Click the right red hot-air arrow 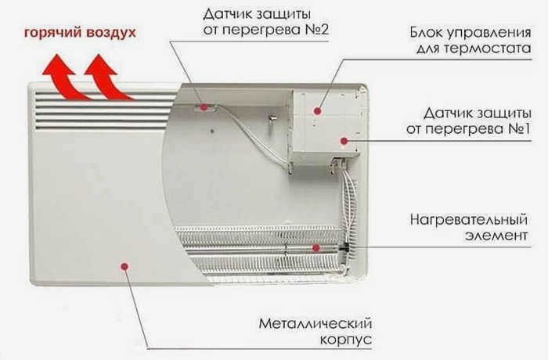[105, 78]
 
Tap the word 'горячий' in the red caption [52, 33]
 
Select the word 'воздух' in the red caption [111, 33]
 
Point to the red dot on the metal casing [124, 266]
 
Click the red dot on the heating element [316, 248]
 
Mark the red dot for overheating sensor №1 [344, 141]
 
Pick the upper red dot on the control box [317, 111]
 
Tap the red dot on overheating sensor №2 [204, 107]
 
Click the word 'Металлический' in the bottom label [315, 323]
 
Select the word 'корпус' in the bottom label [346, 340]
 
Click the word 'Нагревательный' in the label [469, 220]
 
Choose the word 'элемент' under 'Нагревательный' [496, 236]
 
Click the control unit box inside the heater [325, 122]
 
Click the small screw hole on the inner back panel [212, 131]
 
